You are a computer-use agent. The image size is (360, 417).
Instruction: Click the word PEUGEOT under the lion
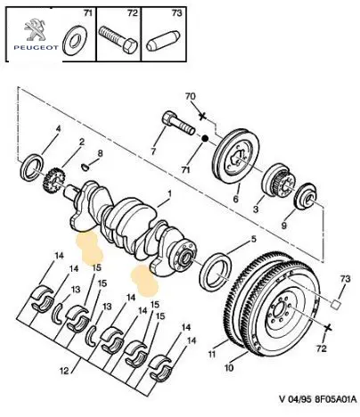37,47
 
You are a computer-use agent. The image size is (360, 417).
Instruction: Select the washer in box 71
74,41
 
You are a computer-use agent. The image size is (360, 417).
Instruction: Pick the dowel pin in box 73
163,41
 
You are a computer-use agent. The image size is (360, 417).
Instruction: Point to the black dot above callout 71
204,138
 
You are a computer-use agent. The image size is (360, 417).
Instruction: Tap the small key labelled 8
86,168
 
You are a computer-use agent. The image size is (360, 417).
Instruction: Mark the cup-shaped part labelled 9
306,197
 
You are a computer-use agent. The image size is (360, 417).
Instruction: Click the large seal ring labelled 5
217,272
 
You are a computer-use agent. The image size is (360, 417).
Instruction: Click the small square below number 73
336,304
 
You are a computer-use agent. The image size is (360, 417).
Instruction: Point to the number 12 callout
64,371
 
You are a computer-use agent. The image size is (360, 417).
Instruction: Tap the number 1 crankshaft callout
169,194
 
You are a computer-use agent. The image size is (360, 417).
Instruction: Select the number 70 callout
191,96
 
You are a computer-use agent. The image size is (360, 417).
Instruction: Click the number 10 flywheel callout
229,368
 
